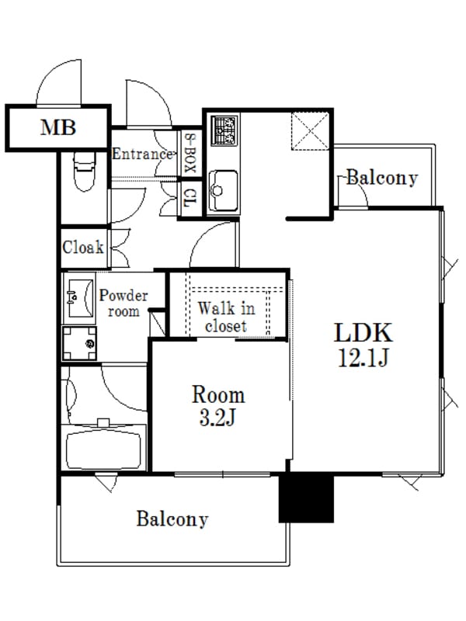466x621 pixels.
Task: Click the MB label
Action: click(57, 127)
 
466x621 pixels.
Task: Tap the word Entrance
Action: click(143, 154)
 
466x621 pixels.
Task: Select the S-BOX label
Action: click(190, 152)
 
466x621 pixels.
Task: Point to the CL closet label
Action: click(190, 198)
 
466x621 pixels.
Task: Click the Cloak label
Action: click(83, 248)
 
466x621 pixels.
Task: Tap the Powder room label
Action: click(123, 303)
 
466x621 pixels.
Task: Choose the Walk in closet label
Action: click(226, 317)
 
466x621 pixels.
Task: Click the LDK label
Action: click(363, 333)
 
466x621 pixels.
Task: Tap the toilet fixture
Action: click(85, 172)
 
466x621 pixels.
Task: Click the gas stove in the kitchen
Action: click(224, 130)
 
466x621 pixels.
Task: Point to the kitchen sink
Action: click(223, 191)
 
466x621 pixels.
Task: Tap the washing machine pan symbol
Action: click(79, 343)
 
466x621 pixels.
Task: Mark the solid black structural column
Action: click(306, 498)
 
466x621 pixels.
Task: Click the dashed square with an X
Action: click(310, 131)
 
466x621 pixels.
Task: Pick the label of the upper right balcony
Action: click(382, 179)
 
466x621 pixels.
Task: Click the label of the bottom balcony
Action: click(172, 519)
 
